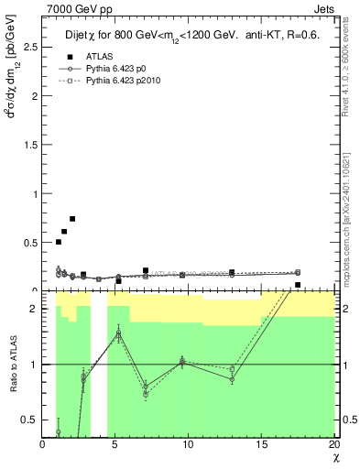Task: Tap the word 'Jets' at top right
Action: pyautogui.click(x=322, y=9)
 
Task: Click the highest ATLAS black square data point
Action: pyautogui.click(x=72, y=219)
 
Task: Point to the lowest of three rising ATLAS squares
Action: pyautogui.click(x=59, y=242)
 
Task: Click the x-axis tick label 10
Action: pyautogui.click(x=188, y=444)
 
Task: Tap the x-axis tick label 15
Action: pyautogui.click(x=261, y=444)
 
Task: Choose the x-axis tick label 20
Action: pyautogui.click(x=333, y=444)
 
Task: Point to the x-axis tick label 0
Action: pyautogui.click(x=42, y=444)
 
